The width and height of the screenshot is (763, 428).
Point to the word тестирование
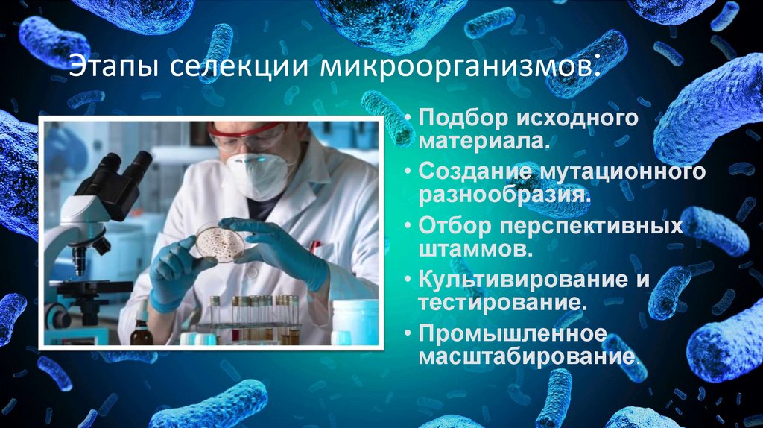click(498, 303)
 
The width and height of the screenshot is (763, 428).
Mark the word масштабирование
click(528, 356)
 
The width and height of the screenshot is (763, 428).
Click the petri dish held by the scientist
click(220, 242)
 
